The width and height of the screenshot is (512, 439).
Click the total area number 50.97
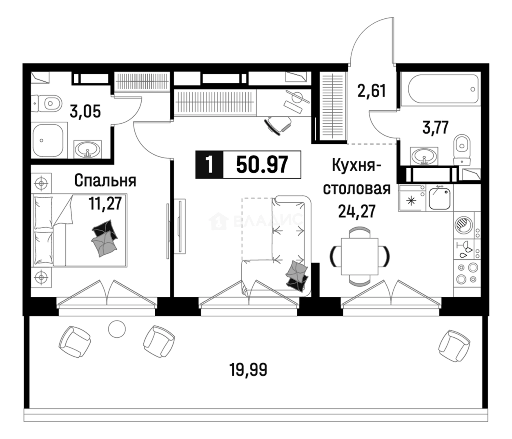click(x=262, y=165)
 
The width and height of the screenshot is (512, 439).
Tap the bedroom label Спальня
click(x=105, y=181)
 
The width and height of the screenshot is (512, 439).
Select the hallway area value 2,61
click(x=372, y=91)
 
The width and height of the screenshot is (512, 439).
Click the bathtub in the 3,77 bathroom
click(x=440, y=89)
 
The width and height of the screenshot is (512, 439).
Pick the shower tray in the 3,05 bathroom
click(x=48, y=140)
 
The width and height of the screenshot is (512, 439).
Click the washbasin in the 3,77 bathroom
click(x=424, y=156)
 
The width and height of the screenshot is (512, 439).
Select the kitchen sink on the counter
click(x=439, y=199)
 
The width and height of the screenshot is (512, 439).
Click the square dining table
click(x=359, y=256)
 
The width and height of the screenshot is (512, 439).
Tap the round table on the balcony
click(x=117, y=329)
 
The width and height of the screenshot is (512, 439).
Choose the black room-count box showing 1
click(x=209, y=165)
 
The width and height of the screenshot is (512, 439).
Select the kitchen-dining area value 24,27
click(x=357, y=211)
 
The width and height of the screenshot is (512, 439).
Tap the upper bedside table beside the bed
click(x=41, y=183)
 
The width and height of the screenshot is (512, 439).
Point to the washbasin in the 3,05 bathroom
click(x=88, y=149)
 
